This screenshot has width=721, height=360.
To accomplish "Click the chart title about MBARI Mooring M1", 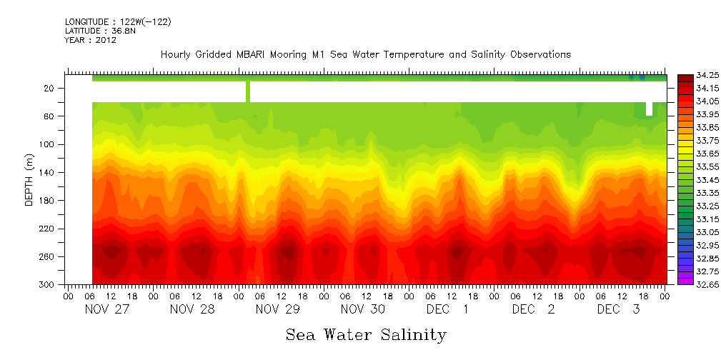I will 366,55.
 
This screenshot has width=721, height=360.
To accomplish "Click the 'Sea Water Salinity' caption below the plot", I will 366,334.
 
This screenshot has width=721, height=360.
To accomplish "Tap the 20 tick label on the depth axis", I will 51,88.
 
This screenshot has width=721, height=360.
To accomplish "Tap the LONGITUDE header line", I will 118,22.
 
